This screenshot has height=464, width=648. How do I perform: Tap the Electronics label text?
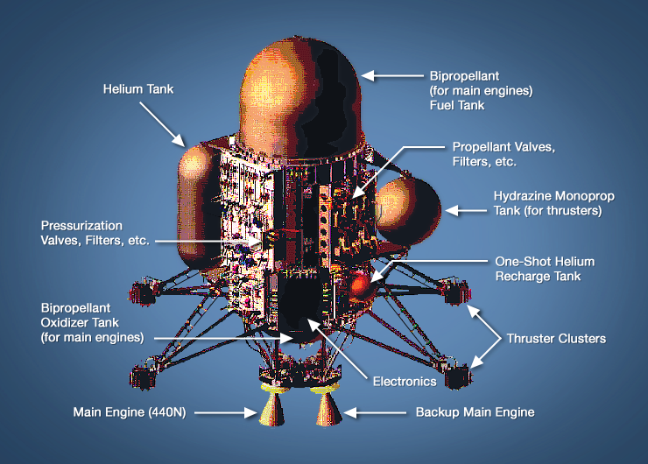coord(405,381)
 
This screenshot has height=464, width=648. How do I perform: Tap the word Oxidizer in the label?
coord(67,323)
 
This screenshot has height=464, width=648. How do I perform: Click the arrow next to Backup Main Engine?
coord(369,411)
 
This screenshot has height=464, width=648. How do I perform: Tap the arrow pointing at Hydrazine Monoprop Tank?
coord(463,209)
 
